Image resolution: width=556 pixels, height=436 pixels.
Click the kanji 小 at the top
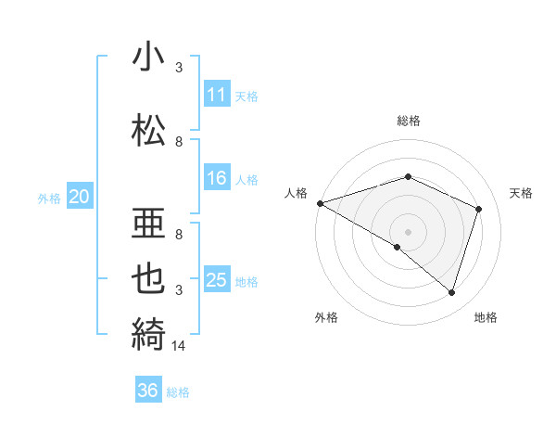[x=148, y=58]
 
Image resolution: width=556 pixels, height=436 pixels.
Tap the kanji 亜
[x=148, y=222]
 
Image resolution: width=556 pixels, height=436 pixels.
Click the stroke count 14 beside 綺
[x=180, y=346]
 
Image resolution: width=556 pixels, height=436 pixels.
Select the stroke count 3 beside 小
[x=179, y=68]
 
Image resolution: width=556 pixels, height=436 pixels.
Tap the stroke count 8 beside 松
[x=179, y=141]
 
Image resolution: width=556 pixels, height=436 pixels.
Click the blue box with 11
[x=217, y=95]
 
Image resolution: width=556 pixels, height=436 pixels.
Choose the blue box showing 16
[x=217, y=178]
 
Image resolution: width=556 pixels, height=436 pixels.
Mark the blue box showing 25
[x=217, y=280]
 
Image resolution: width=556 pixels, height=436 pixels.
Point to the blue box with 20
[x=80, y=197]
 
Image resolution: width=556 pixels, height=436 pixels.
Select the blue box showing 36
[x=148, y=391]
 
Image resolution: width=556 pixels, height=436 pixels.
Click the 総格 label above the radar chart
[x=409, y=121]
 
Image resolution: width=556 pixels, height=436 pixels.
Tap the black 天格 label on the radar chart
[x=522, y=193]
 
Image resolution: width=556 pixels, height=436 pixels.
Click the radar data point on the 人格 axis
[x=320, y=203]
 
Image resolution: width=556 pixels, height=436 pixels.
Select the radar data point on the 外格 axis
[x=398, y=248]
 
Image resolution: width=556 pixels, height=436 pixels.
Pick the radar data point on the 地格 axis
[x=452, y=293]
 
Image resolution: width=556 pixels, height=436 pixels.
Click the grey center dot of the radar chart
[x=409, y=231]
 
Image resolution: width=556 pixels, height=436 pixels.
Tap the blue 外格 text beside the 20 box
[x=49, y=198]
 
